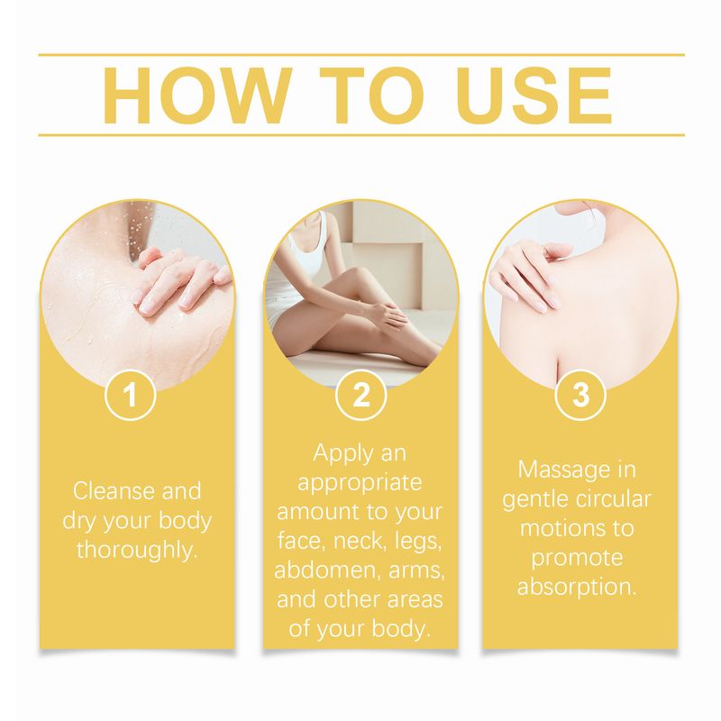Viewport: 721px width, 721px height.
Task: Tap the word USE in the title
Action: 526,95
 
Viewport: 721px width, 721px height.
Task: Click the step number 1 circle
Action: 132,395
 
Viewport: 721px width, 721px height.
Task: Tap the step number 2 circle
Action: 360,395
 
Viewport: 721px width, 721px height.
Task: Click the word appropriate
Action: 360,482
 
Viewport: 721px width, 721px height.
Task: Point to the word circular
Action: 612,498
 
